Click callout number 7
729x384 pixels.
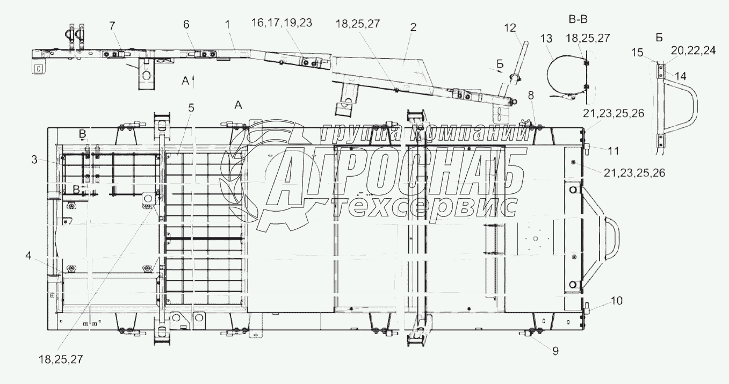click(112, 26)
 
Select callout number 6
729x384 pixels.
click(186, 24)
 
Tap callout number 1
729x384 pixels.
click(227, 24)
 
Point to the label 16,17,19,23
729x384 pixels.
click(282, 23)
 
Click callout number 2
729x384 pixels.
click(413, 27)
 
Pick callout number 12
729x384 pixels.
click(510, 28)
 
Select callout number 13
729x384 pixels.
click(546, 39)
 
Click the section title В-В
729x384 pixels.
click(578, 19)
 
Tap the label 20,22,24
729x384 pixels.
click(693, 50)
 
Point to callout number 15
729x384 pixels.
click(638, 53)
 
